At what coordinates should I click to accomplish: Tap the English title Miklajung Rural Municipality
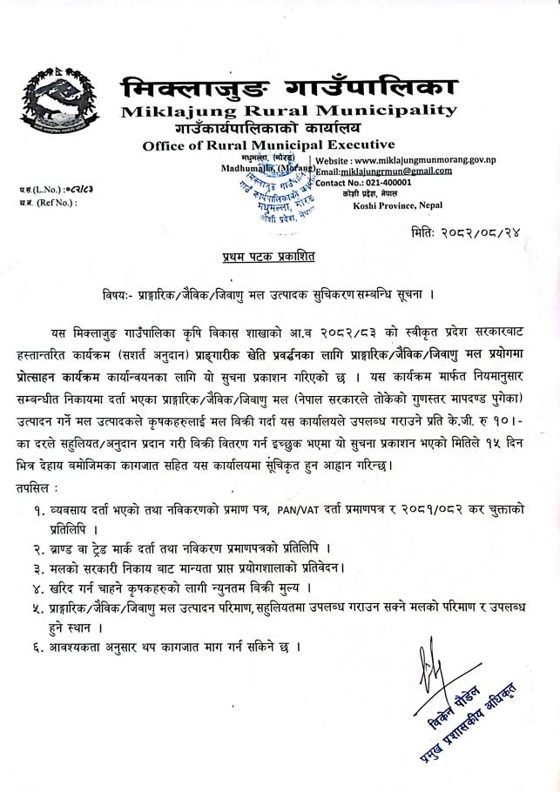click(288, 111)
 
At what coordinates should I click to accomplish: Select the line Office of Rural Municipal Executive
click(267, 144)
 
